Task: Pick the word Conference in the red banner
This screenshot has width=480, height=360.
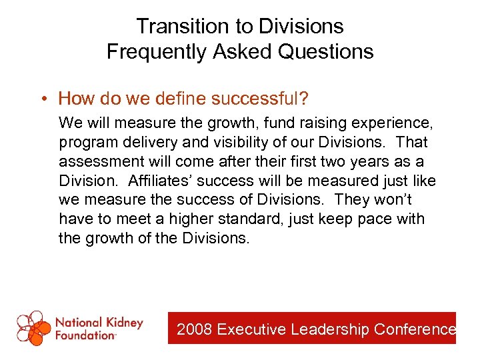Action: pos(415,329)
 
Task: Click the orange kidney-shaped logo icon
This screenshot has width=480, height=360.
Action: pos(33,328)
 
